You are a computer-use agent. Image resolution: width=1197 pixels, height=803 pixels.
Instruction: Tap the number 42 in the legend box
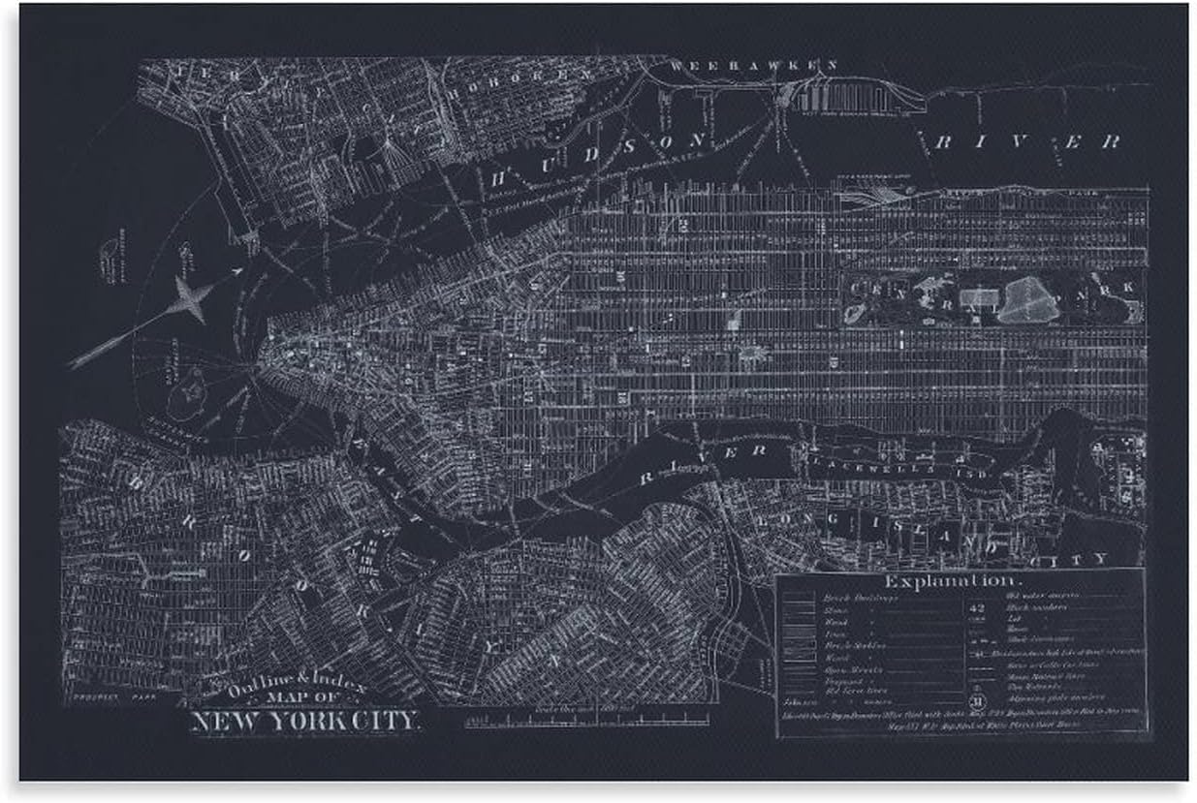tap(977, 608)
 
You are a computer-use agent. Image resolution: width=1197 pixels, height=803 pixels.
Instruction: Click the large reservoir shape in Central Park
tap(1027, 301)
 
